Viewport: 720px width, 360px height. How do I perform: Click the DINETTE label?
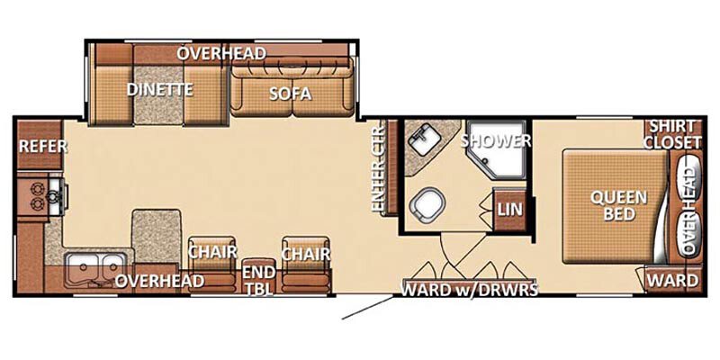point(160,89)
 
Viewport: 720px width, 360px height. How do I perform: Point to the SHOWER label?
point(496,140)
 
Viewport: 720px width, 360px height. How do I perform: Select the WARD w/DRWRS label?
point(470,289)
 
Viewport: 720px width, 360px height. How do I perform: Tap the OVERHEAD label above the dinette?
point(221,53)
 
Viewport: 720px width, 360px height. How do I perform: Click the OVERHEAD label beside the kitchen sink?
point(160,282)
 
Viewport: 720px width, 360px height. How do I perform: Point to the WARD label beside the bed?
point(673,281)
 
